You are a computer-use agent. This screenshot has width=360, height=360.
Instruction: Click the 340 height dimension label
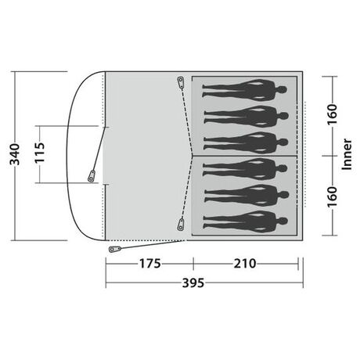(x=15, y=154)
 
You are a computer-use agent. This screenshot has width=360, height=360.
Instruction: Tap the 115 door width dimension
(x=40, y=153)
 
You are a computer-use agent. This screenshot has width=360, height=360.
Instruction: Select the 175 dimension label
(x=149, y=264)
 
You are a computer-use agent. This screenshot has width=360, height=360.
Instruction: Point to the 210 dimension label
(x=245, y=264)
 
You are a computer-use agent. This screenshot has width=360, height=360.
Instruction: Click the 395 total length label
(x=193, y=283)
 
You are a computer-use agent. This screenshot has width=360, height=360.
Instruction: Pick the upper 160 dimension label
(x=333, y=114)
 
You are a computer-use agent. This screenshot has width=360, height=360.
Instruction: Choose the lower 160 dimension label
(x=333, y=196)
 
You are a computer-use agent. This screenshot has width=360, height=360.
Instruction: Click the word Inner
(x=347, y=154)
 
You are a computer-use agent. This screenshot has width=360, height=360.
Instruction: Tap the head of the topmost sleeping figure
(x=282, y=90)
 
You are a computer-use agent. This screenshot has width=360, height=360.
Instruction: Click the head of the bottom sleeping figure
(x=283, y=221)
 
